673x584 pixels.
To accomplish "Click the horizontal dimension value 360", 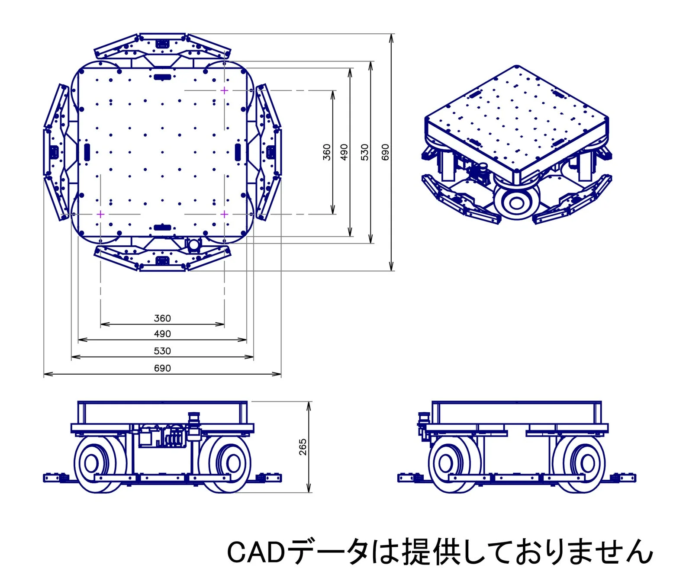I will click(x=162, y=318).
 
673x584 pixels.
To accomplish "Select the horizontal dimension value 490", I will click(x=162, y=334).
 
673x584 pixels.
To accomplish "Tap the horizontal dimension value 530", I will click(x=162, y=351).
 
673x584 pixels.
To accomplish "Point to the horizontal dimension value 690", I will click(x=162, y=368).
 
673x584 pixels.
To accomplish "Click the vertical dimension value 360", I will click(x=327, y=152).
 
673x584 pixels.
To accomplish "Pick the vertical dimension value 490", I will click(x=344, y=152).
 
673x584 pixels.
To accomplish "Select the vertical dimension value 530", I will click(x=365, y=152).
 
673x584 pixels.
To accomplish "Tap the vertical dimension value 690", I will click(x=385, y=152).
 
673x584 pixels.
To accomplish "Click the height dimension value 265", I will click(x=303, y=447).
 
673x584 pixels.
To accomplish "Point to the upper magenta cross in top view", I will click(x=224, y=90).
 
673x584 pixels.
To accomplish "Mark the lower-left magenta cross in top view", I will click(x=100, y=214).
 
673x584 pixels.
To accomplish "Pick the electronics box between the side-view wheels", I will click(x=146, y=437).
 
